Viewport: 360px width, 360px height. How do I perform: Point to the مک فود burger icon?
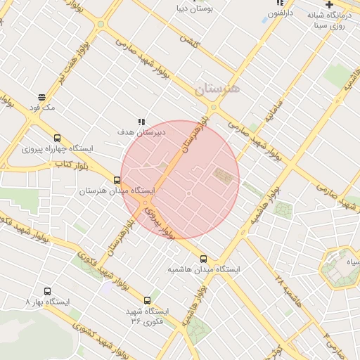[42, 98]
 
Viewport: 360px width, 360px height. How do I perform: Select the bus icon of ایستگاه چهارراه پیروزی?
[57, 138]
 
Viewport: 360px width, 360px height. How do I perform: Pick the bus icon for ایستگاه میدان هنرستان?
[117, 180]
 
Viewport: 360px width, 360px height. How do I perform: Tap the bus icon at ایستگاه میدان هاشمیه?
[204, 259]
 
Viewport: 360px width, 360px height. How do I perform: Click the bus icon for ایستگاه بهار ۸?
[47, 291]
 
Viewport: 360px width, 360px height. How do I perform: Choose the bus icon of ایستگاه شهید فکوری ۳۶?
[147, 300]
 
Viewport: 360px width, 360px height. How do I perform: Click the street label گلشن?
[189, 39]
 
